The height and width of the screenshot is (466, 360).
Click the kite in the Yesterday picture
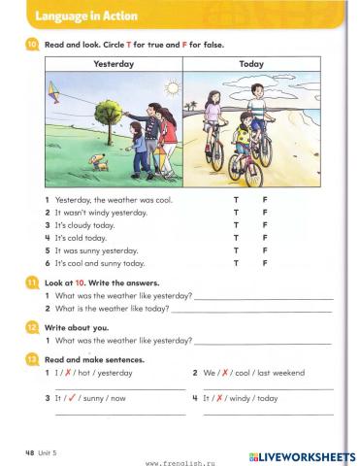point(55,93)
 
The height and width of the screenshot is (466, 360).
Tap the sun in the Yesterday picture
point(173,88)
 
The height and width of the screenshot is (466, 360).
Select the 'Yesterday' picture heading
point(114,64)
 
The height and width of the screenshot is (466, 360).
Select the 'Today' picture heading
point(250,64)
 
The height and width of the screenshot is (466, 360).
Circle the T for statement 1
point(236,199)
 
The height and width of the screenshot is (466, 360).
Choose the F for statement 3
point(265,224)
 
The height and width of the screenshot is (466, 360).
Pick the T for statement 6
point(236,262)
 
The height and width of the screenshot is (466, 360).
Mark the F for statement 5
point(265,250)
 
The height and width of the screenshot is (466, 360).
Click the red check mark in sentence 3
point(73,398)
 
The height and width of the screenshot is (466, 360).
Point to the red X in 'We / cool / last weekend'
point(227,373)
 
